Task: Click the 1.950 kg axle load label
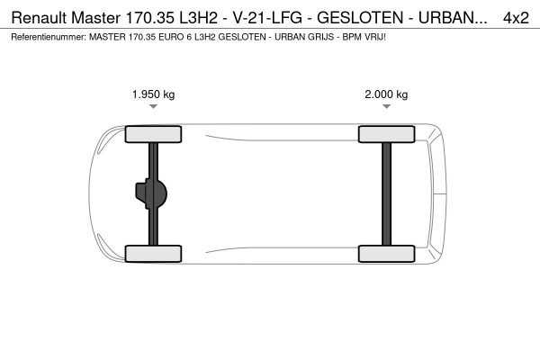click(154, 94)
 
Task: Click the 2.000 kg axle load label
click(386, 94)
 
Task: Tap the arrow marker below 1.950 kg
click(154, 106)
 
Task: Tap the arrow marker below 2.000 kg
click(386, 106)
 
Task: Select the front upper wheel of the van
click(154, 135)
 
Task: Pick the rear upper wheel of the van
click(386, 135)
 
